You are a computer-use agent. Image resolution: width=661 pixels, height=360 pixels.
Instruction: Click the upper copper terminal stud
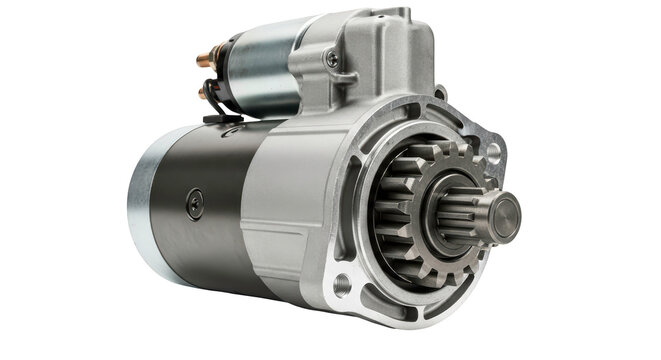(x=204, y=60)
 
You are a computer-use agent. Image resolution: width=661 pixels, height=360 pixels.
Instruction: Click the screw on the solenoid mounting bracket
(x=331, y=60)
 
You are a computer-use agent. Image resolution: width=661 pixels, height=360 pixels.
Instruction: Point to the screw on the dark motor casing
(x=194, y=204)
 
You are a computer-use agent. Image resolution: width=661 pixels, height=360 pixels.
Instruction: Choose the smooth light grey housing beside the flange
(x=285, y=200)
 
